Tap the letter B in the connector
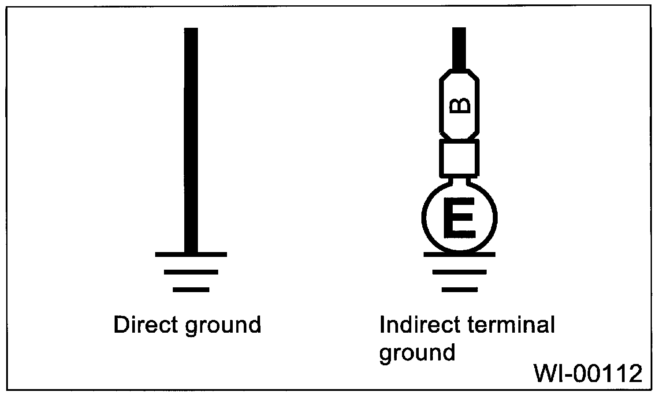(x=459, y=106)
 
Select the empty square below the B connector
(x=459, y=158)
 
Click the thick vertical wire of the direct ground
(x=191, y=141)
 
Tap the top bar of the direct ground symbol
(x=191, y=254)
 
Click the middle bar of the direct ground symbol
(x=191, y=272)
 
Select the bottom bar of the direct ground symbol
(x=191, y=290)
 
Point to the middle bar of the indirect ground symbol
(x=459, y=272)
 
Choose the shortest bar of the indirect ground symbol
(x=459, y=290)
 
